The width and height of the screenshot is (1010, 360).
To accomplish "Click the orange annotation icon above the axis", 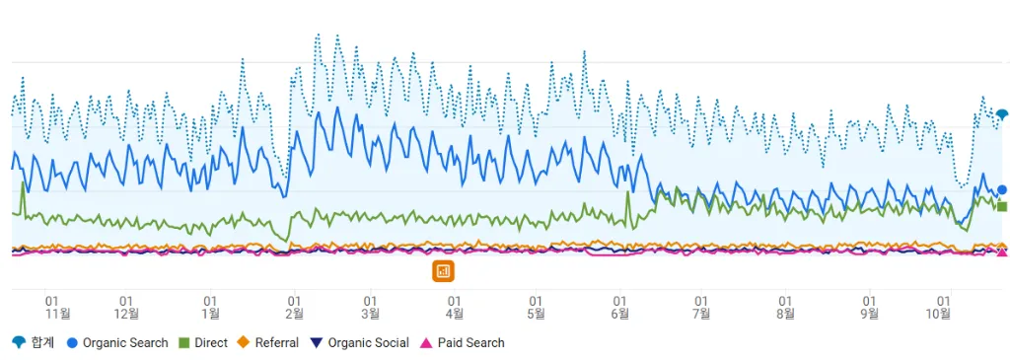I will click(443, 270).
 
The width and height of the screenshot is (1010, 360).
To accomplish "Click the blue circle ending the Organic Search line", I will click(1002, 189).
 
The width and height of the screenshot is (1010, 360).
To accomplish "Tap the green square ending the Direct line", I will click(1002, 206).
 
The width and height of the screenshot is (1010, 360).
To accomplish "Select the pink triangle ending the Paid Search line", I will click(1002, 252).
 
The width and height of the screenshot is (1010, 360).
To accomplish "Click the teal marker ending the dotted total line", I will click(1002, 114).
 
